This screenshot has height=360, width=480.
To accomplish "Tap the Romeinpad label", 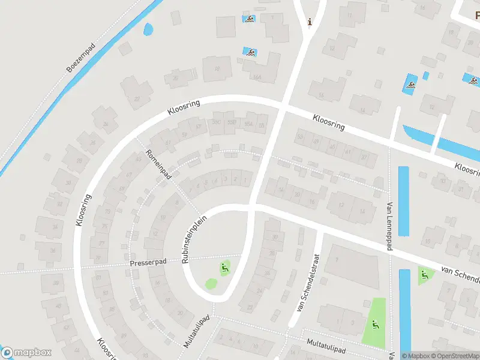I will (158, 164).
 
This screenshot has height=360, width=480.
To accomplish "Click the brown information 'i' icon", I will (310, 22).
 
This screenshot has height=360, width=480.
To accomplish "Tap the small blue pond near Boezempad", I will (148, 28).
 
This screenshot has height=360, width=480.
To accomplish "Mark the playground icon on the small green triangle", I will (425, 275).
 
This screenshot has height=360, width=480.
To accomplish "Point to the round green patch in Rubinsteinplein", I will (211, 283).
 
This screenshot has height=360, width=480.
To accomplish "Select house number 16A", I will (257, 77).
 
